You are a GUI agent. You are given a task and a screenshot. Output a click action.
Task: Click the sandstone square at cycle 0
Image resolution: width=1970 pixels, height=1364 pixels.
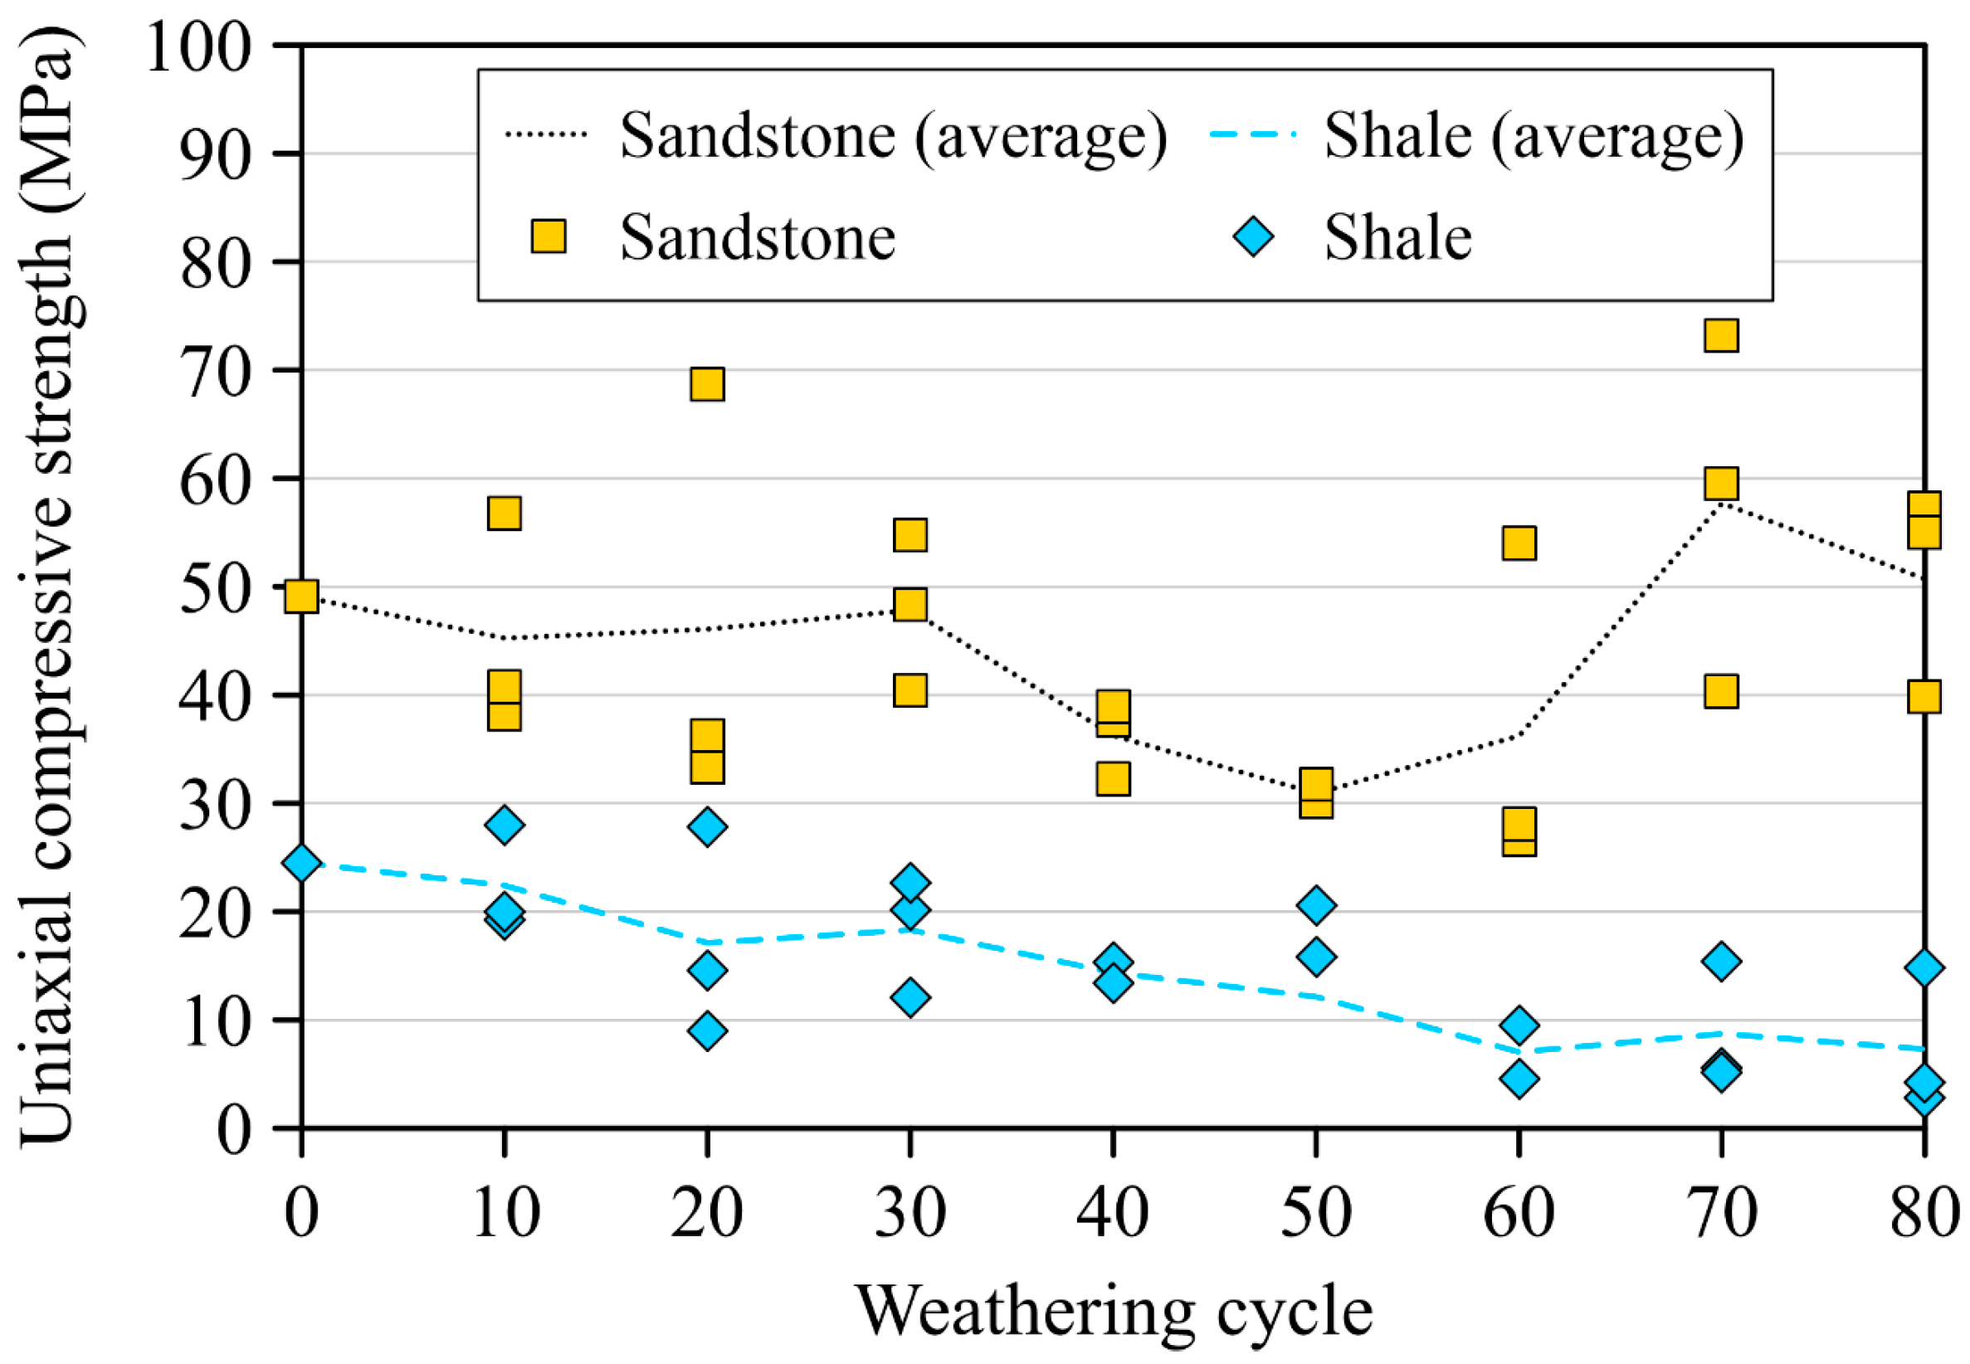pos(301,596)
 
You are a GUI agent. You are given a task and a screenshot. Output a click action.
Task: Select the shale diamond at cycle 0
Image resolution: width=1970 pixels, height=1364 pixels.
pos(301,863)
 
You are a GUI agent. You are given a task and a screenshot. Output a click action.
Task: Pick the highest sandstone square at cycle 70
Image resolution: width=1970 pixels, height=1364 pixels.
pos(1720,335)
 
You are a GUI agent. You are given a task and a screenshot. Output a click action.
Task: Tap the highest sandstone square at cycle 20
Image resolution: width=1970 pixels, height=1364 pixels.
pos(707,384)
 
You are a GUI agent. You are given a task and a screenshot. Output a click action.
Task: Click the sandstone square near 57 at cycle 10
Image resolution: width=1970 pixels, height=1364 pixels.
pos(505,513)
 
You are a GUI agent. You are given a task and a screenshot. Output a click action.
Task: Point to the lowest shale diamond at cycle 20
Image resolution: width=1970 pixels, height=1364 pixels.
pos(707,1030)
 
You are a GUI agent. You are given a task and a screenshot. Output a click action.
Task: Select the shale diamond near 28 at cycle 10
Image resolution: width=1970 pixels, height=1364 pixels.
pos(505,825)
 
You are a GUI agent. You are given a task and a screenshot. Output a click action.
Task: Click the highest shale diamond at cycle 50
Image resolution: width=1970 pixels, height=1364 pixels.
pos(1315,905)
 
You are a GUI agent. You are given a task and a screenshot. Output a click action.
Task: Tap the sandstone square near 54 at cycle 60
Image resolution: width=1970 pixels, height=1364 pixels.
pos(1518,543)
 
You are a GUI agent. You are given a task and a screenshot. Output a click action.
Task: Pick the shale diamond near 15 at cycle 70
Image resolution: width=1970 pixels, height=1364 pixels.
pos(1720,962)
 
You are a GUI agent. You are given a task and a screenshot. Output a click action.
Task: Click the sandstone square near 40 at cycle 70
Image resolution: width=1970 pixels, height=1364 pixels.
pos(1720,690)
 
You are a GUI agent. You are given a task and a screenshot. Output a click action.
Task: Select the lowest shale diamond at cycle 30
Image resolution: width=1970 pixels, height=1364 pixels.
pos(910,997)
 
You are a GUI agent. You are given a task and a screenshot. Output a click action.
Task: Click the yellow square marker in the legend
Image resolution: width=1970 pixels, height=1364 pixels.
pos(548,236)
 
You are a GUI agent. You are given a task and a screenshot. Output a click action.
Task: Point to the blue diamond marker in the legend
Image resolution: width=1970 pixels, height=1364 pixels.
pos(1254,236)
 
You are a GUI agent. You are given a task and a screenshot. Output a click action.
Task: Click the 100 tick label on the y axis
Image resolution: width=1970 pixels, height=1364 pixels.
pos(198,47)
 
